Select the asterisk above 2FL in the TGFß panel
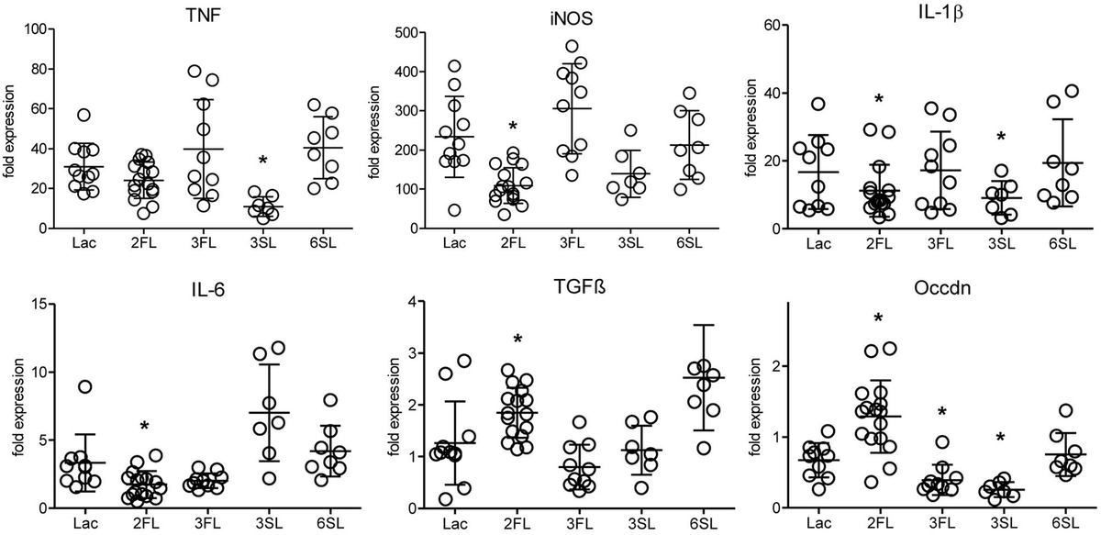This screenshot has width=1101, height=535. click(x=517, y=340)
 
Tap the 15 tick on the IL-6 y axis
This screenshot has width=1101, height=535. click(x=44, y=304)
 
